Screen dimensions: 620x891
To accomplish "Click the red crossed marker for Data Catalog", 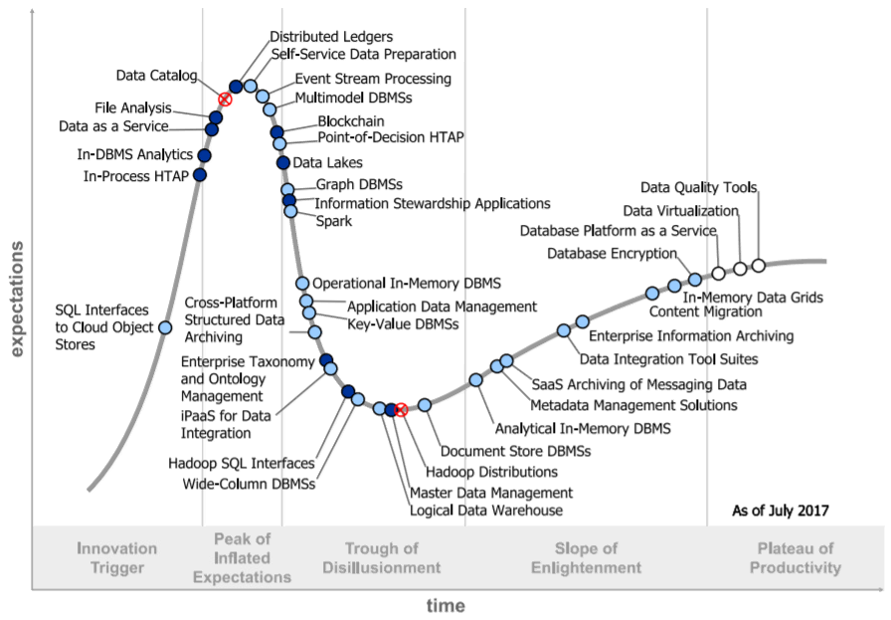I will pyautogui.click(x=225, y=99).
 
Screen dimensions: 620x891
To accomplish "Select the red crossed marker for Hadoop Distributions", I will pyautogui.click(x=401, y=410).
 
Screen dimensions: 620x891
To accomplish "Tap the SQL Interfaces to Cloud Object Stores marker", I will pyautogui.click(x=165, y=326).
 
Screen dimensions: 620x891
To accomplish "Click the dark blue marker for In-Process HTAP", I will pyautogui.click(x=200, y=175).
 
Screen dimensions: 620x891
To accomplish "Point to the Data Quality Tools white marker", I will pyautogui.click(x=758, y=265).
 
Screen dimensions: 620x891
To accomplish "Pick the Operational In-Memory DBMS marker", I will pyautogui.click(x=303, y=284).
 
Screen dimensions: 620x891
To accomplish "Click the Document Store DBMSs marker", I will pyautogui.click(x=425, y=404).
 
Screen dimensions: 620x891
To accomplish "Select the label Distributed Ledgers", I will pyautogui.click(x=331, y=37).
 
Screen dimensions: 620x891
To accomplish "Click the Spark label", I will pyautogui.click(x=333, y=221).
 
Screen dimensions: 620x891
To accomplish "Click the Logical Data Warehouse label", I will pyautogui.click(x=486, y=511).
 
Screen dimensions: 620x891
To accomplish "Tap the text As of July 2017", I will pyautogui.click(x=781, y=511).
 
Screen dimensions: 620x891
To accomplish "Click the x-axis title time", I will pyautogui.click(x=445, y=605).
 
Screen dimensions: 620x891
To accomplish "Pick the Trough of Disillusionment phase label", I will pyautogui.click(x=381, y=557).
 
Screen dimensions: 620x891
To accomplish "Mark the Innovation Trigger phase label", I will pyautogui.click(x=116, y=557).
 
